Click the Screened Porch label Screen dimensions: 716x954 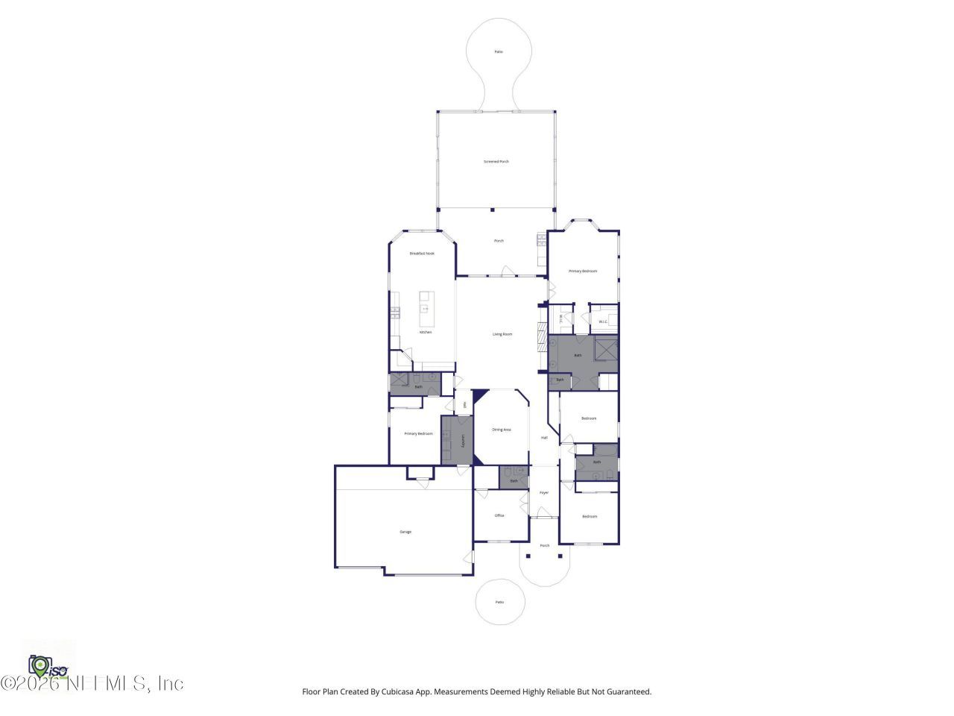[496, 162]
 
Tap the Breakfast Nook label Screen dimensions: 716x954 [422, 254]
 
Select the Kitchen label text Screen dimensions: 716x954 [426, 333]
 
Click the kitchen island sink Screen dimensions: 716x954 [426, 308]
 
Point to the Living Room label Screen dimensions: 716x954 [502, 334]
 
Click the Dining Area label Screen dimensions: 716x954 [502, 430]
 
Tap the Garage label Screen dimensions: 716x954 [405, 532]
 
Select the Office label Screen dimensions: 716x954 [499, 515]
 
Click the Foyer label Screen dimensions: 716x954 [544, 492]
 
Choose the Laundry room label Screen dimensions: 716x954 [463, 441]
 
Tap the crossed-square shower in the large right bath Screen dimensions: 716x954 [606, 348]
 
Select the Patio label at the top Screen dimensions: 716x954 [499, 52]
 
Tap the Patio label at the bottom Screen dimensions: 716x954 [499, 602]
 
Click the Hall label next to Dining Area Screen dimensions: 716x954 [544, 438]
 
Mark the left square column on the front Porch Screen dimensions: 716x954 [528, 556]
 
